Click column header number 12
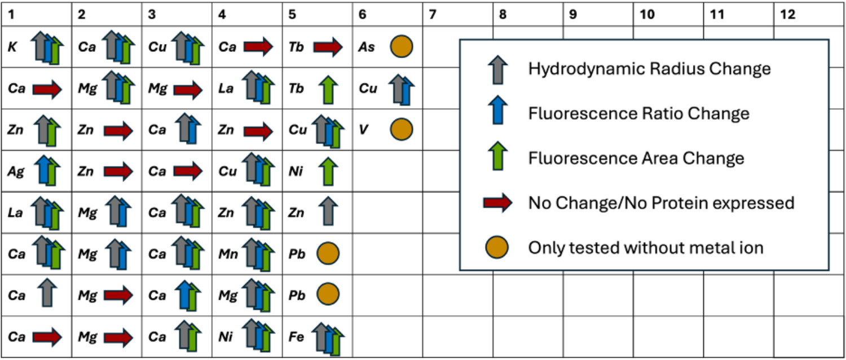coord(787,14)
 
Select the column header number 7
coord(433,14)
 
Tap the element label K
coord(12,47)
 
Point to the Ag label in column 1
coord(15,172)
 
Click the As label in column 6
coord(367,47)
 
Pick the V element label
coord(363,130)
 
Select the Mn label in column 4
coord(228,254)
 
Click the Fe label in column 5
coord(296,336)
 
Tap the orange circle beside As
coord(401,46)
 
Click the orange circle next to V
coord(401,129)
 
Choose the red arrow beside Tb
coord(328,47)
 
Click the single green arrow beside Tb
coord(328,90)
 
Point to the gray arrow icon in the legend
coord(498,69)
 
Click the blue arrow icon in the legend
coord(498,110)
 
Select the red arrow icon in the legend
coord(498,203)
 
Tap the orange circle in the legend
coord(497,247)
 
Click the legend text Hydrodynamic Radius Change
coord(649,69)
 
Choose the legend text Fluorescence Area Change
coord(636,159)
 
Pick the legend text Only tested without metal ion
coord(646,248)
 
